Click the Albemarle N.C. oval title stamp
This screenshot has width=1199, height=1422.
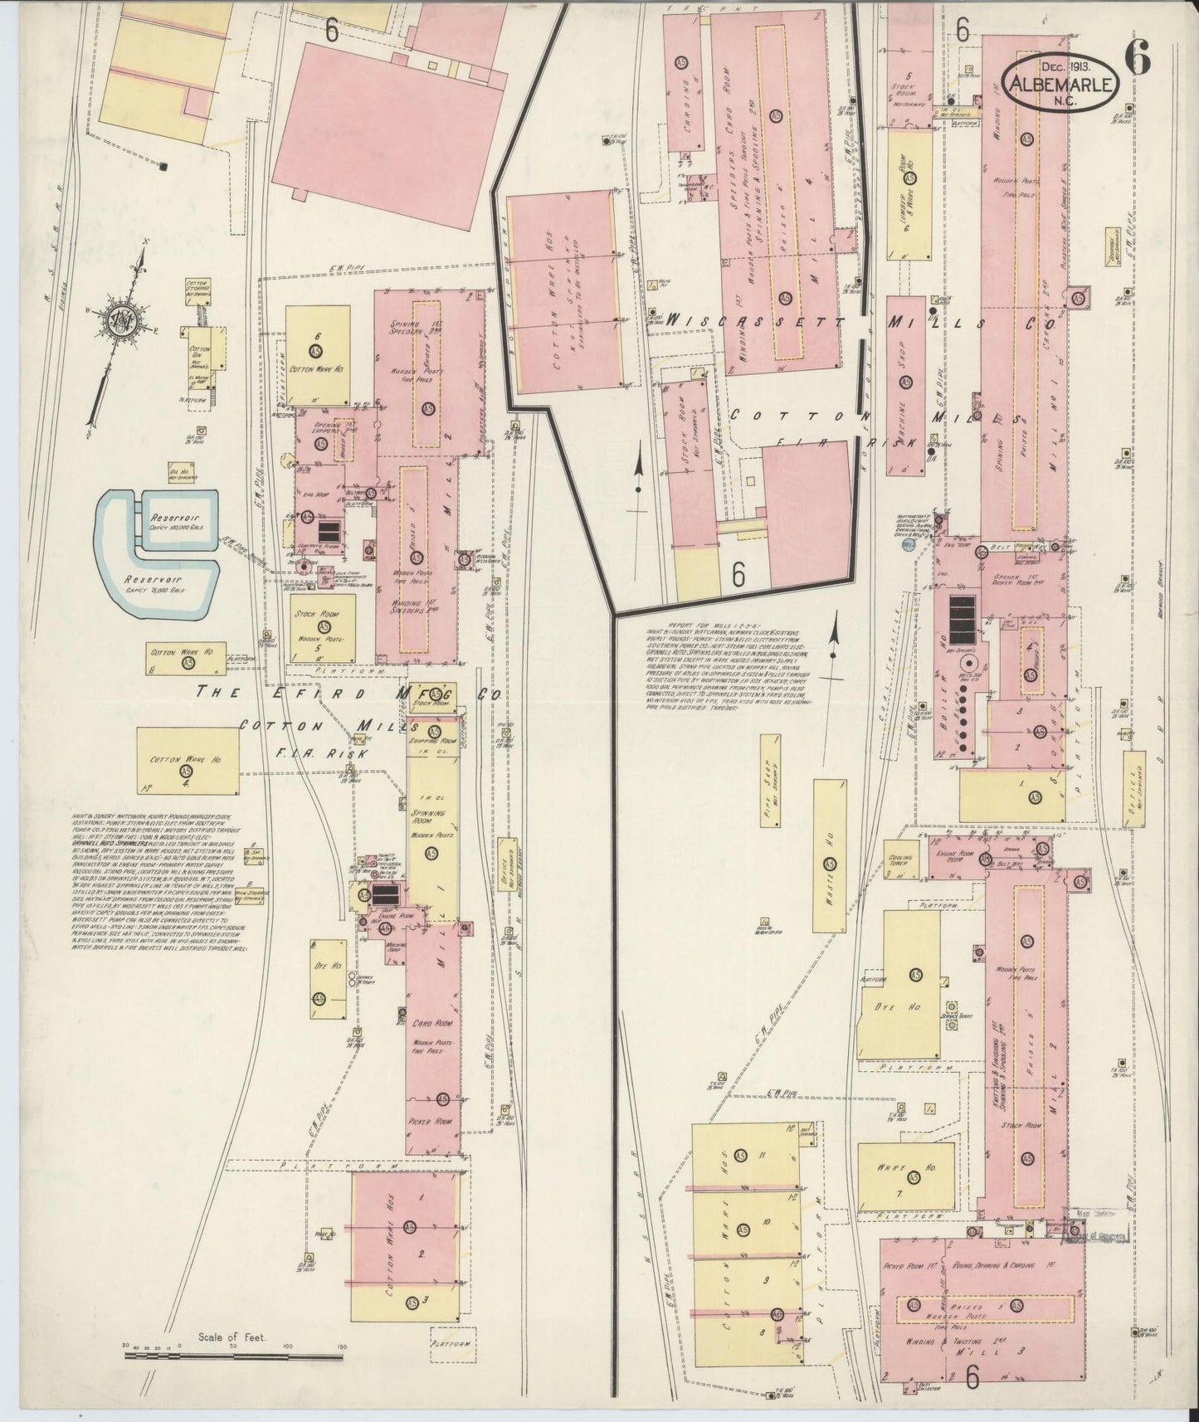pyautogui.click(x=1063, y=80)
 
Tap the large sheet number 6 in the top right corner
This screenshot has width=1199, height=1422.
pyautogui.click(x=1138, y=57)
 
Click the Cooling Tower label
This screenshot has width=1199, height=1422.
pyautogui.click(x=902, y=863)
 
